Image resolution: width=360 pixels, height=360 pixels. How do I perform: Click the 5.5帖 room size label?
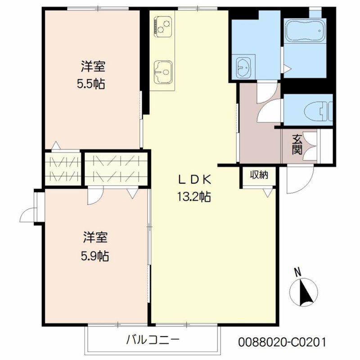(94, 84)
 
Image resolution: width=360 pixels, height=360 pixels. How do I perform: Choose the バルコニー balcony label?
(153, 339)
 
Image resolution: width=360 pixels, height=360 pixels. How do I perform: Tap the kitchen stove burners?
(161, 25)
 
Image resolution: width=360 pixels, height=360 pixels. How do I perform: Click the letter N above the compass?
(297, 272)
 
